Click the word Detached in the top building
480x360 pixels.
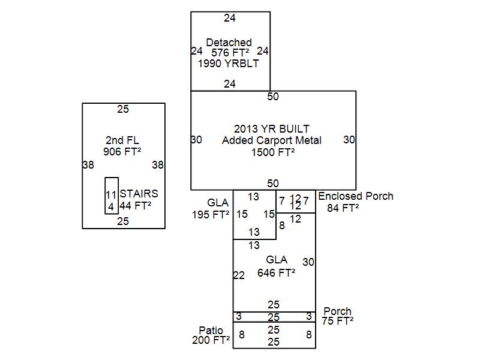pos(229,43)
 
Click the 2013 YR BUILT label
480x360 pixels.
pos(272,129)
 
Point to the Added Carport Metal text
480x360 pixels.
pos(272,140)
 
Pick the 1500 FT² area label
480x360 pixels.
pos(273,152)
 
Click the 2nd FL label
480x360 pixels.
pos(122,140)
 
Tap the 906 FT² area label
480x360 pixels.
pos(122,152)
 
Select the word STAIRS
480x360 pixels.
pos(139,194)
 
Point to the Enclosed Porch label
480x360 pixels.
pos(356,196)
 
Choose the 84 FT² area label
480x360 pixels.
pos(343,208)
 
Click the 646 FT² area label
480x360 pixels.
pos(276,272)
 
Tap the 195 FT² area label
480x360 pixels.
pos(211,214)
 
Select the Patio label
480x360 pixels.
pos(211,331)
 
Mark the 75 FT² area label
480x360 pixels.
pos(337,321)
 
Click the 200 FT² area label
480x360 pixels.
pos(211,340)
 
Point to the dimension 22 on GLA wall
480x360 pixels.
pos(239,275)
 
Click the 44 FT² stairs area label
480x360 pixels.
pos(135,205)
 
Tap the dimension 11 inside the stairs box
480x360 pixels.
pos(111,195)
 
